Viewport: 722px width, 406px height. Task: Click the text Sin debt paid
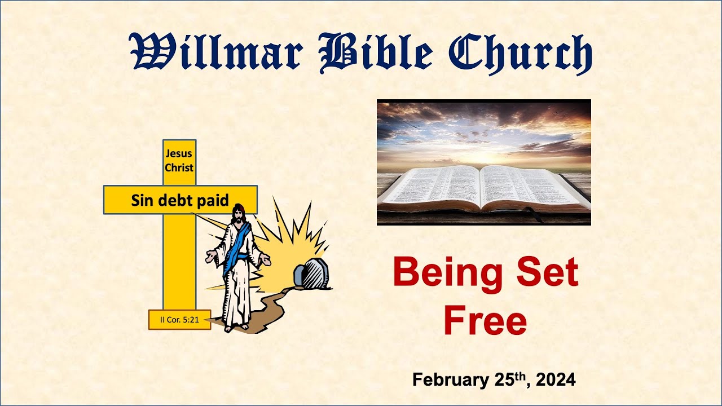(x=179, y=200)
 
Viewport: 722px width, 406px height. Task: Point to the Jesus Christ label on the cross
(x=179, y=160)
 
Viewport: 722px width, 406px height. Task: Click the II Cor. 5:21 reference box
(x=179, y=320)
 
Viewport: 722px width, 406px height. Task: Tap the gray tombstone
(x=310, y=275)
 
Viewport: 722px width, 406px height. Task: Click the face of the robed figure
(x=239, y=214)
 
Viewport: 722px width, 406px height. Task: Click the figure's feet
(x=236, y=326)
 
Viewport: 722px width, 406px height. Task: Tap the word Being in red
(x=439, y=272)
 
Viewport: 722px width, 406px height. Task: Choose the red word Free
(x=485, y=320)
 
